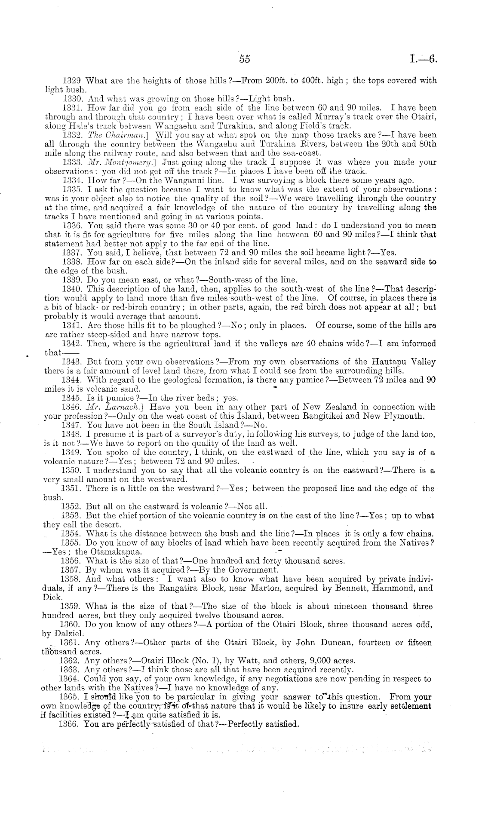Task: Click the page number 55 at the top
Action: click(x=245, y=59)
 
